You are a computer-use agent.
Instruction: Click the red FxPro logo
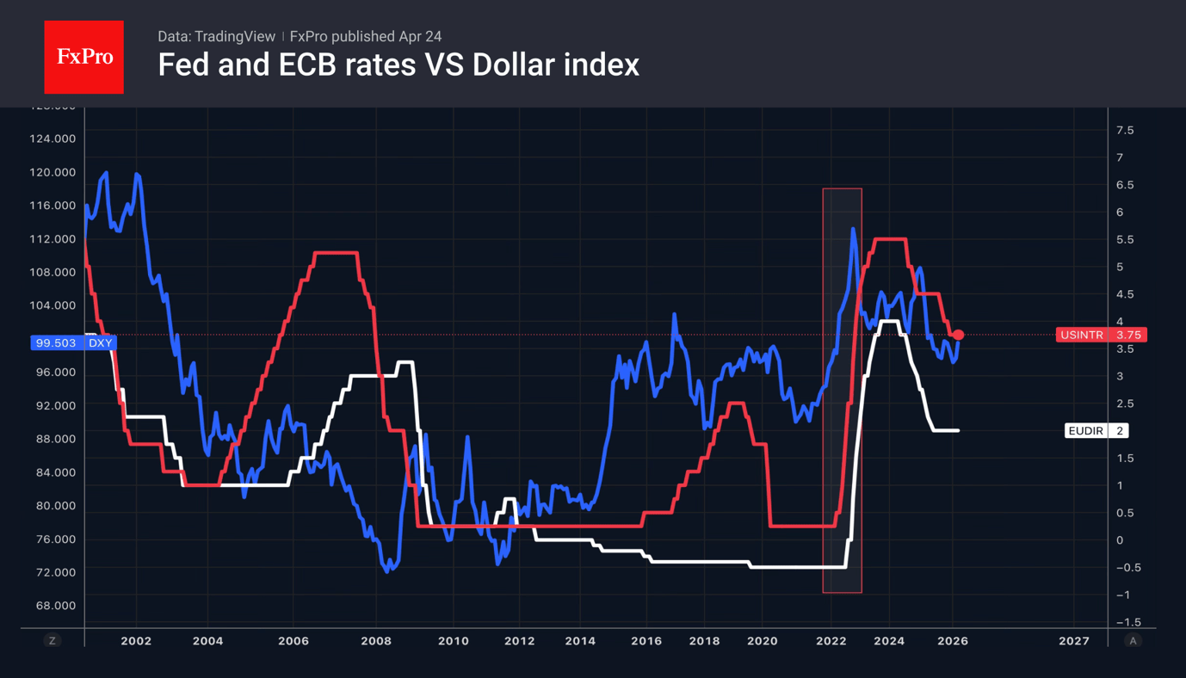point(83,57)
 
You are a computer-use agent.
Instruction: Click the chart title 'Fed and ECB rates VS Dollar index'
point(398,65)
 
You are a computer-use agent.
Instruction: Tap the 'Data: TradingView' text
point(216,36)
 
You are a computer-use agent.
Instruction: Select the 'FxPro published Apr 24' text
point(366,36)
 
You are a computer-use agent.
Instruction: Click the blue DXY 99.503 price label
point(73,342)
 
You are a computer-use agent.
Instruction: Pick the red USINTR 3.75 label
point(1101,335)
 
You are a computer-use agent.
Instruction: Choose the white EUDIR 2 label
point(1096,430)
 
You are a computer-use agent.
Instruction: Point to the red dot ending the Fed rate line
point(958,335)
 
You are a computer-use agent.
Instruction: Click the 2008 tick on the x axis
point(376,641)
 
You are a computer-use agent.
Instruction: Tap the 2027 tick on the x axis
point(1073,641)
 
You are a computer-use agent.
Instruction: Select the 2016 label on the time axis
point(646,641)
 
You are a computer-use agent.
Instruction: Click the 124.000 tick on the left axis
point(53,139)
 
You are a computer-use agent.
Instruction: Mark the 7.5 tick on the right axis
point(1125,130)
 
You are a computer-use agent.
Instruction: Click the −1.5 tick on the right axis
point(1128,622)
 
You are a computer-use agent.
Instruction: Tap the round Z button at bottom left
point(53,640)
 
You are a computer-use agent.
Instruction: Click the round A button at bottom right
point(1133,640)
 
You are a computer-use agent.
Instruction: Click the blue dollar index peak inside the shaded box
point(853,229)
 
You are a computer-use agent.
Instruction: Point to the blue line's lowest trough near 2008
point(386,570)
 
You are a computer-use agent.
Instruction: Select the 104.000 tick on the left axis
point(53,305)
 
